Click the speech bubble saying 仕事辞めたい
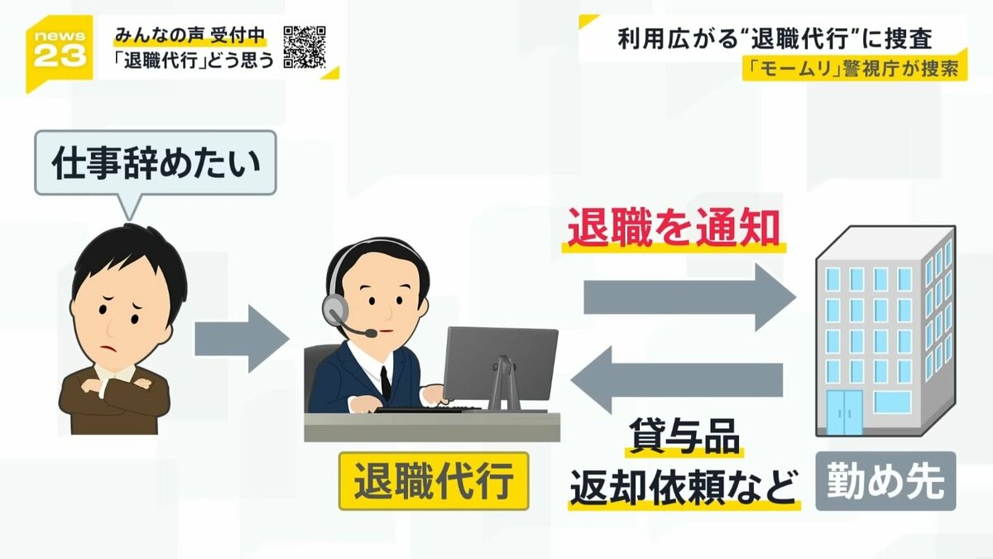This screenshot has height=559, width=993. coord(155,164)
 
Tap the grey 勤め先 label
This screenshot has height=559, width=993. coord(885,481)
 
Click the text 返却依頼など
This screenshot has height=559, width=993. coord(684,487)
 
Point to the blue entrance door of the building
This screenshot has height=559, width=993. coord(844,412)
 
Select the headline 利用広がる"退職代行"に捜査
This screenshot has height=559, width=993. coord(773,39)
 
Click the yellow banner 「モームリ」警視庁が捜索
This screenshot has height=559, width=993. coord(853,70)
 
